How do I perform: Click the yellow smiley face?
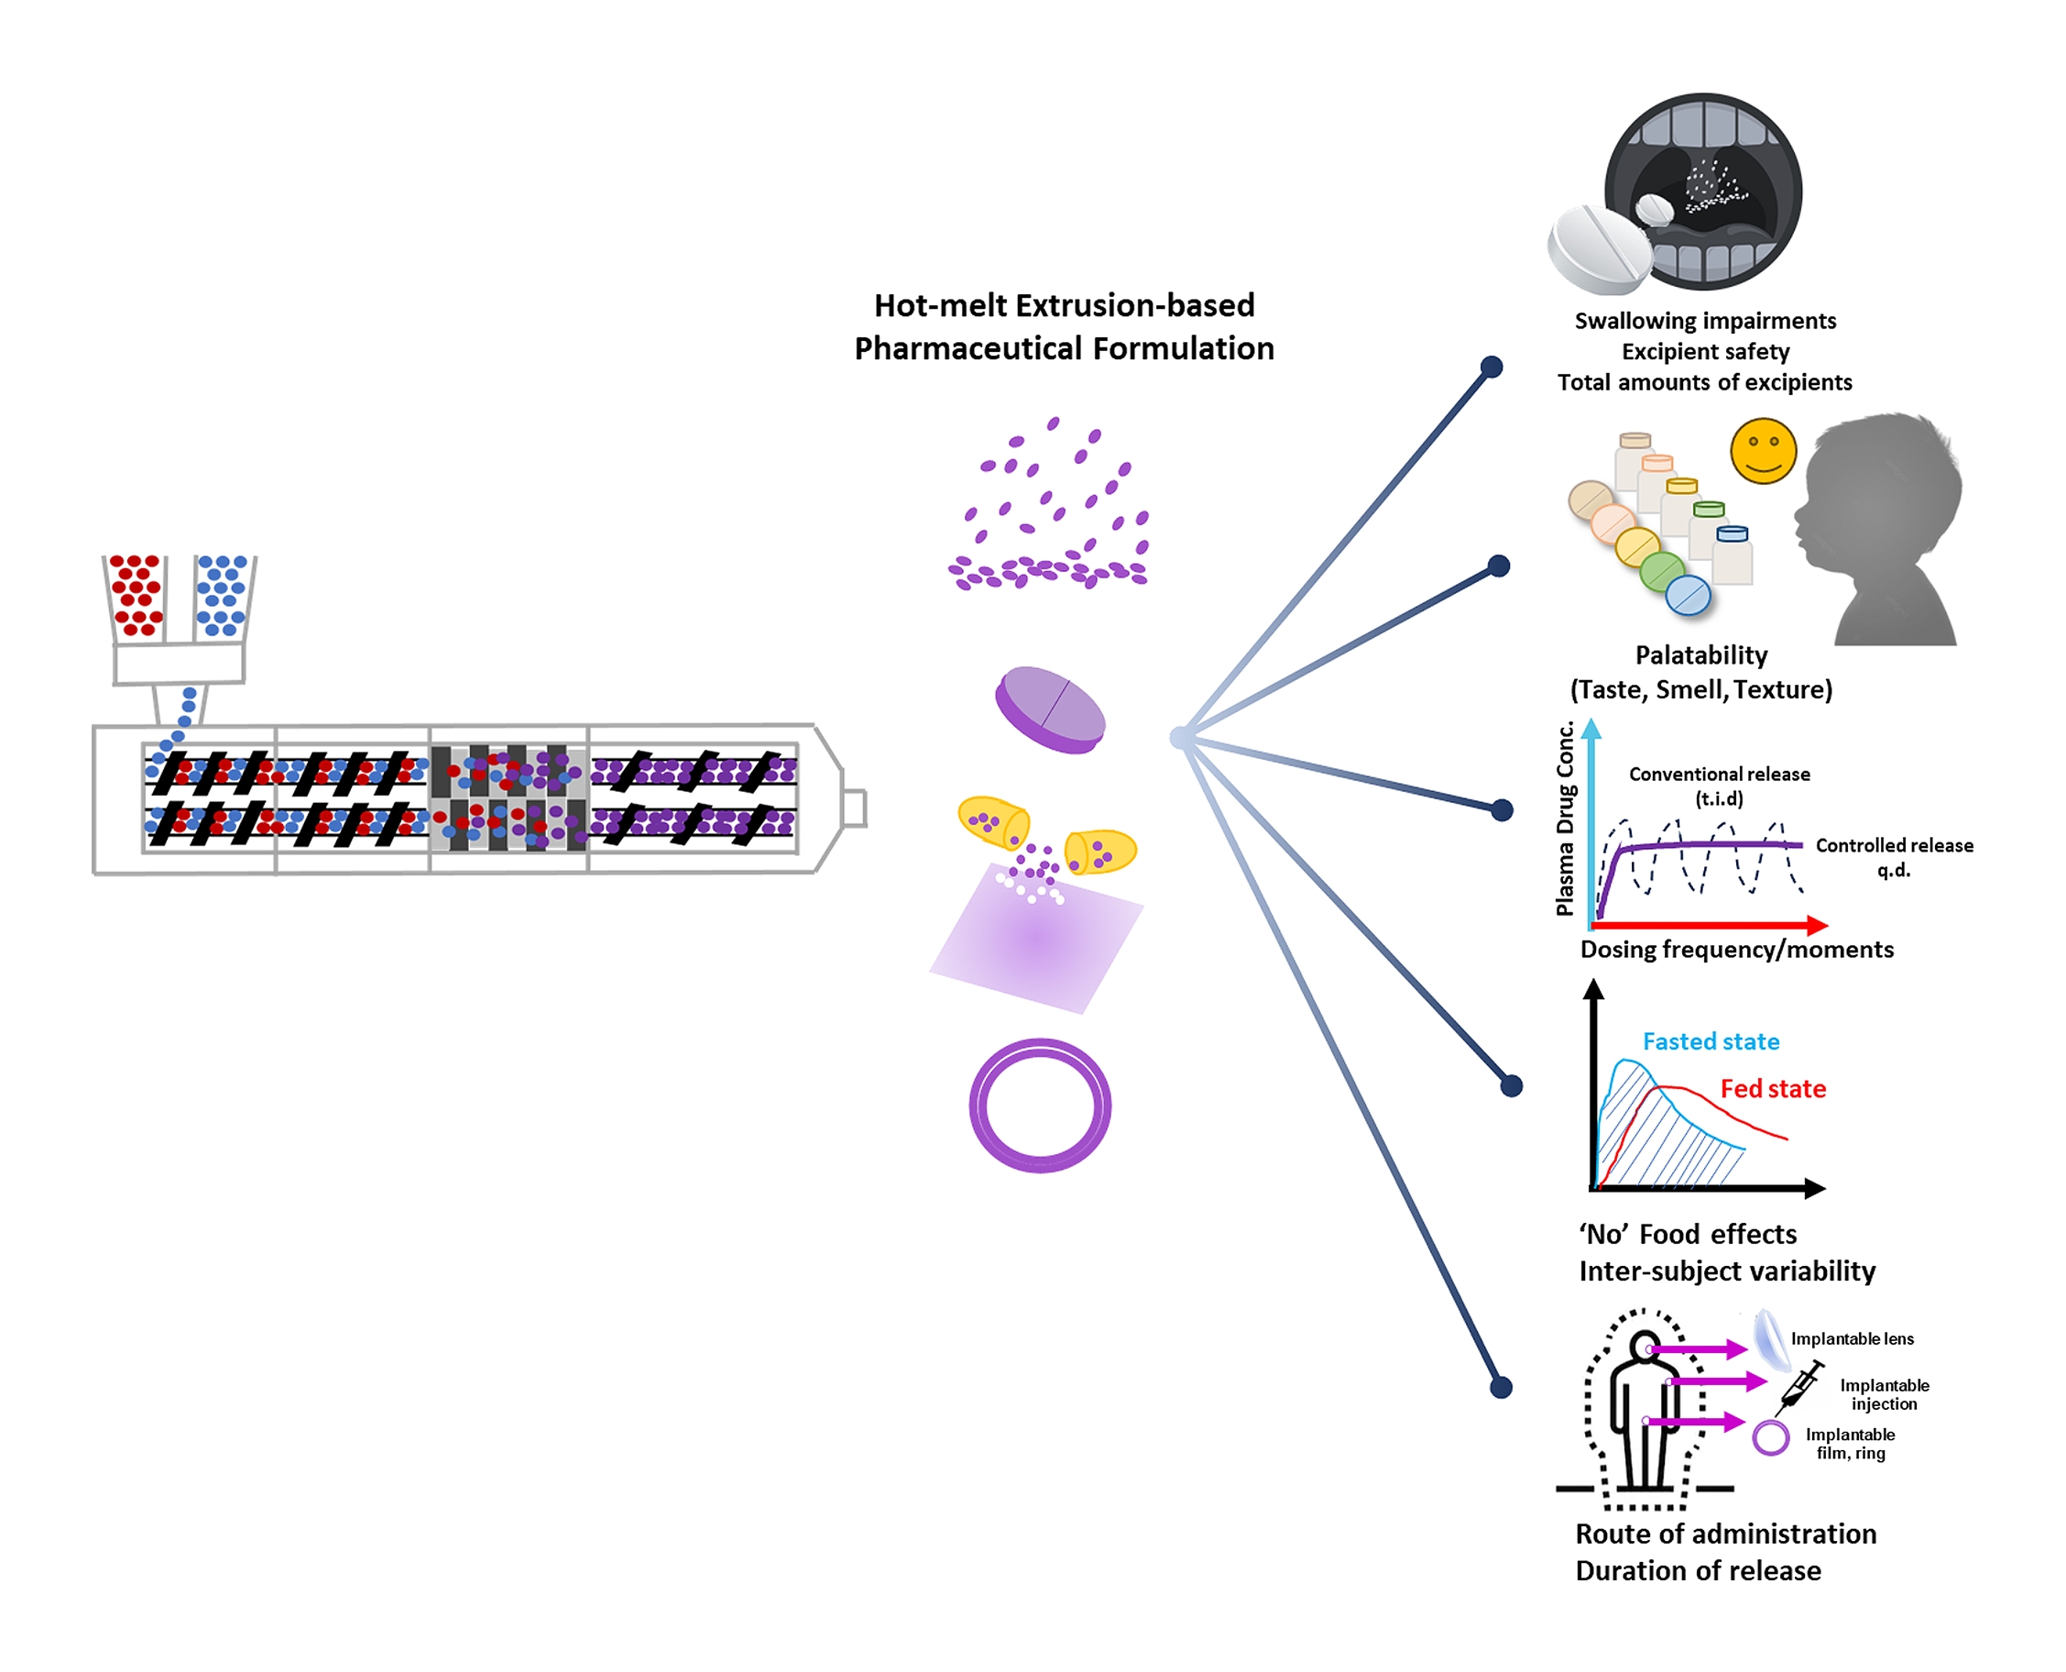[x=1763, y=450]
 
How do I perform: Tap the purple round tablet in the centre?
[x=1049, y=709]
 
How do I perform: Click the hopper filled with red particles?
[x=136, y=596]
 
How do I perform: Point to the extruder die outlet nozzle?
[x=853, y=808]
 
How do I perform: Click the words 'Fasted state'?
[x=1711, y=1041]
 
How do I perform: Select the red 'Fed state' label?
[x=1773, y=1088]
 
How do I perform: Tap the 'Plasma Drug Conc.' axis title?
[x=1566, y=818]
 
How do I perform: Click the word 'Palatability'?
[x=1701, y=654]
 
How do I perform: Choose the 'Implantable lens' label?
[x=1852, y=1338]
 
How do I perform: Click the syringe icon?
[x=1798, y=1387]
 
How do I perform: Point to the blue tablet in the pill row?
[x=1688, y=594]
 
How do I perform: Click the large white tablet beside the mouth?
[x=1598, y=248]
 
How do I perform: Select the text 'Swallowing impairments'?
[x=1705, y=321]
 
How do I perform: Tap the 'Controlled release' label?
[x=1894, y=846]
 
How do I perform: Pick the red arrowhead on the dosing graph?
[x=1817, y=926]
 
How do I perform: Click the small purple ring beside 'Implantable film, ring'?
[x=1770, y=1438]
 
